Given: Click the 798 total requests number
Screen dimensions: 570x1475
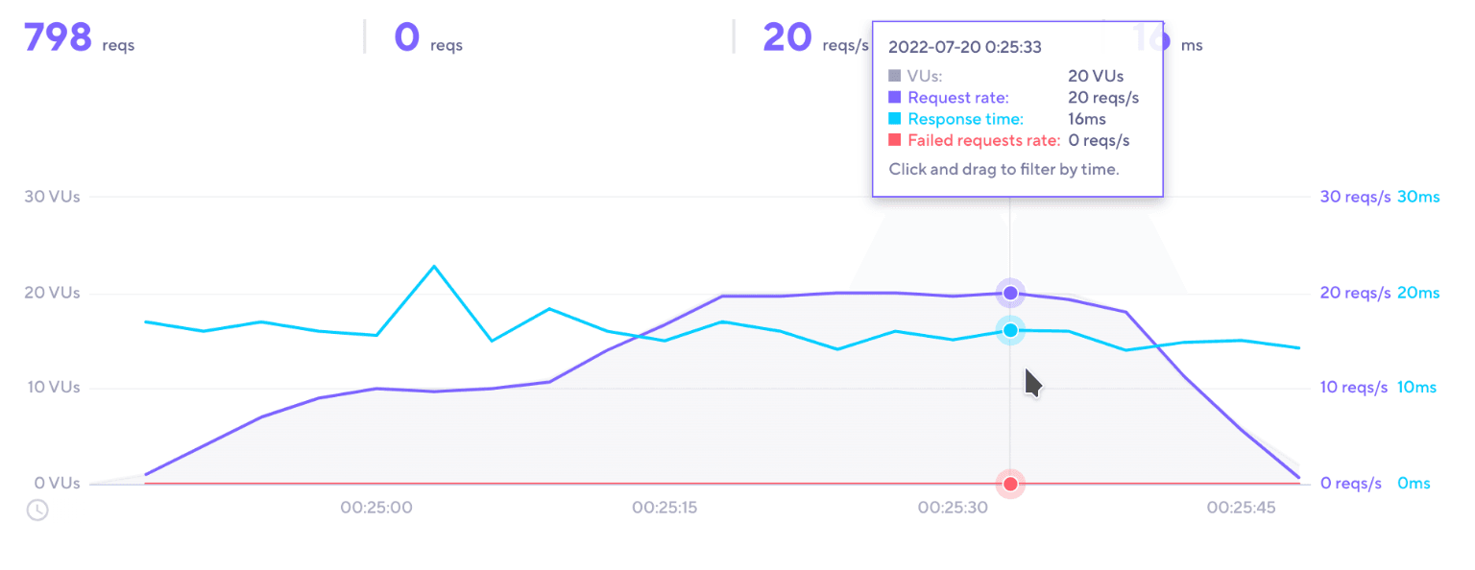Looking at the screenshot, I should tap(58, 38).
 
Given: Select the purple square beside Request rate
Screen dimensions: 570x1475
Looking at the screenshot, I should tap(895, 97).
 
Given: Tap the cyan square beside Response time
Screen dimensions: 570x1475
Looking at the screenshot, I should tap(895, 119).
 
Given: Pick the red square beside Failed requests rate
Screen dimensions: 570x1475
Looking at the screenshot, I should tap(895, 141).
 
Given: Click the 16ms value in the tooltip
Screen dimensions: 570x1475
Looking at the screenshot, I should tap(1086, 119).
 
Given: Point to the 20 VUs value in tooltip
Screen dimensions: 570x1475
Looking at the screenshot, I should tap(1095, 76).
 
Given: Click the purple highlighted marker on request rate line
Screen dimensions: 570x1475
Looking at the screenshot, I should tap(1010, 293).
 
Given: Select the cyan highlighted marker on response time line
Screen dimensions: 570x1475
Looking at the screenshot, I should tap(1010, 330).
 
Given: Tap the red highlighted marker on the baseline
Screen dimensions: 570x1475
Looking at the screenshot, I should tap(1010, 484).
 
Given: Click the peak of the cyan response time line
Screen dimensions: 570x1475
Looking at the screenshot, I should tap(434, 266).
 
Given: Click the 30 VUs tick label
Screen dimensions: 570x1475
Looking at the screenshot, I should tap(52, 197).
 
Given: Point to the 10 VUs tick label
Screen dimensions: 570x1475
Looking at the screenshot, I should tap(52, 388).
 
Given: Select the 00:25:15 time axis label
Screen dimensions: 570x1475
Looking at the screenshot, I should tap(665, 508).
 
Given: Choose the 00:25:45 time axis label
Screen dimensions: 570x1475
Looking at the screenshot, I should tap(1241, 508).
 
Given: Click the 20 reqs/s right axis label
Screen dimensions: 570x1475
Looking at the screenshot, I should tap(1355, 293).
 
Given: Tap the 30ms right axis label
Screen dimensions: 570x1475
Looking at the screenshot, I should tap(1418, 197).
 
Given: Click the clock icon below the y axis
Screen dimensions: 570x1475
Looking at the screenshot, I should tap(36, 510).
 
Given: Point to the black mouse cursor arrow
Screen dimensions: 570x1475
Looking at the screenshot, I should tap(1032, 382).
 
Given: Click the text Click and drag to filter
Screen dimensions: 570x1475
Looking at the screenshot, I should tap(1003, 169).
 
